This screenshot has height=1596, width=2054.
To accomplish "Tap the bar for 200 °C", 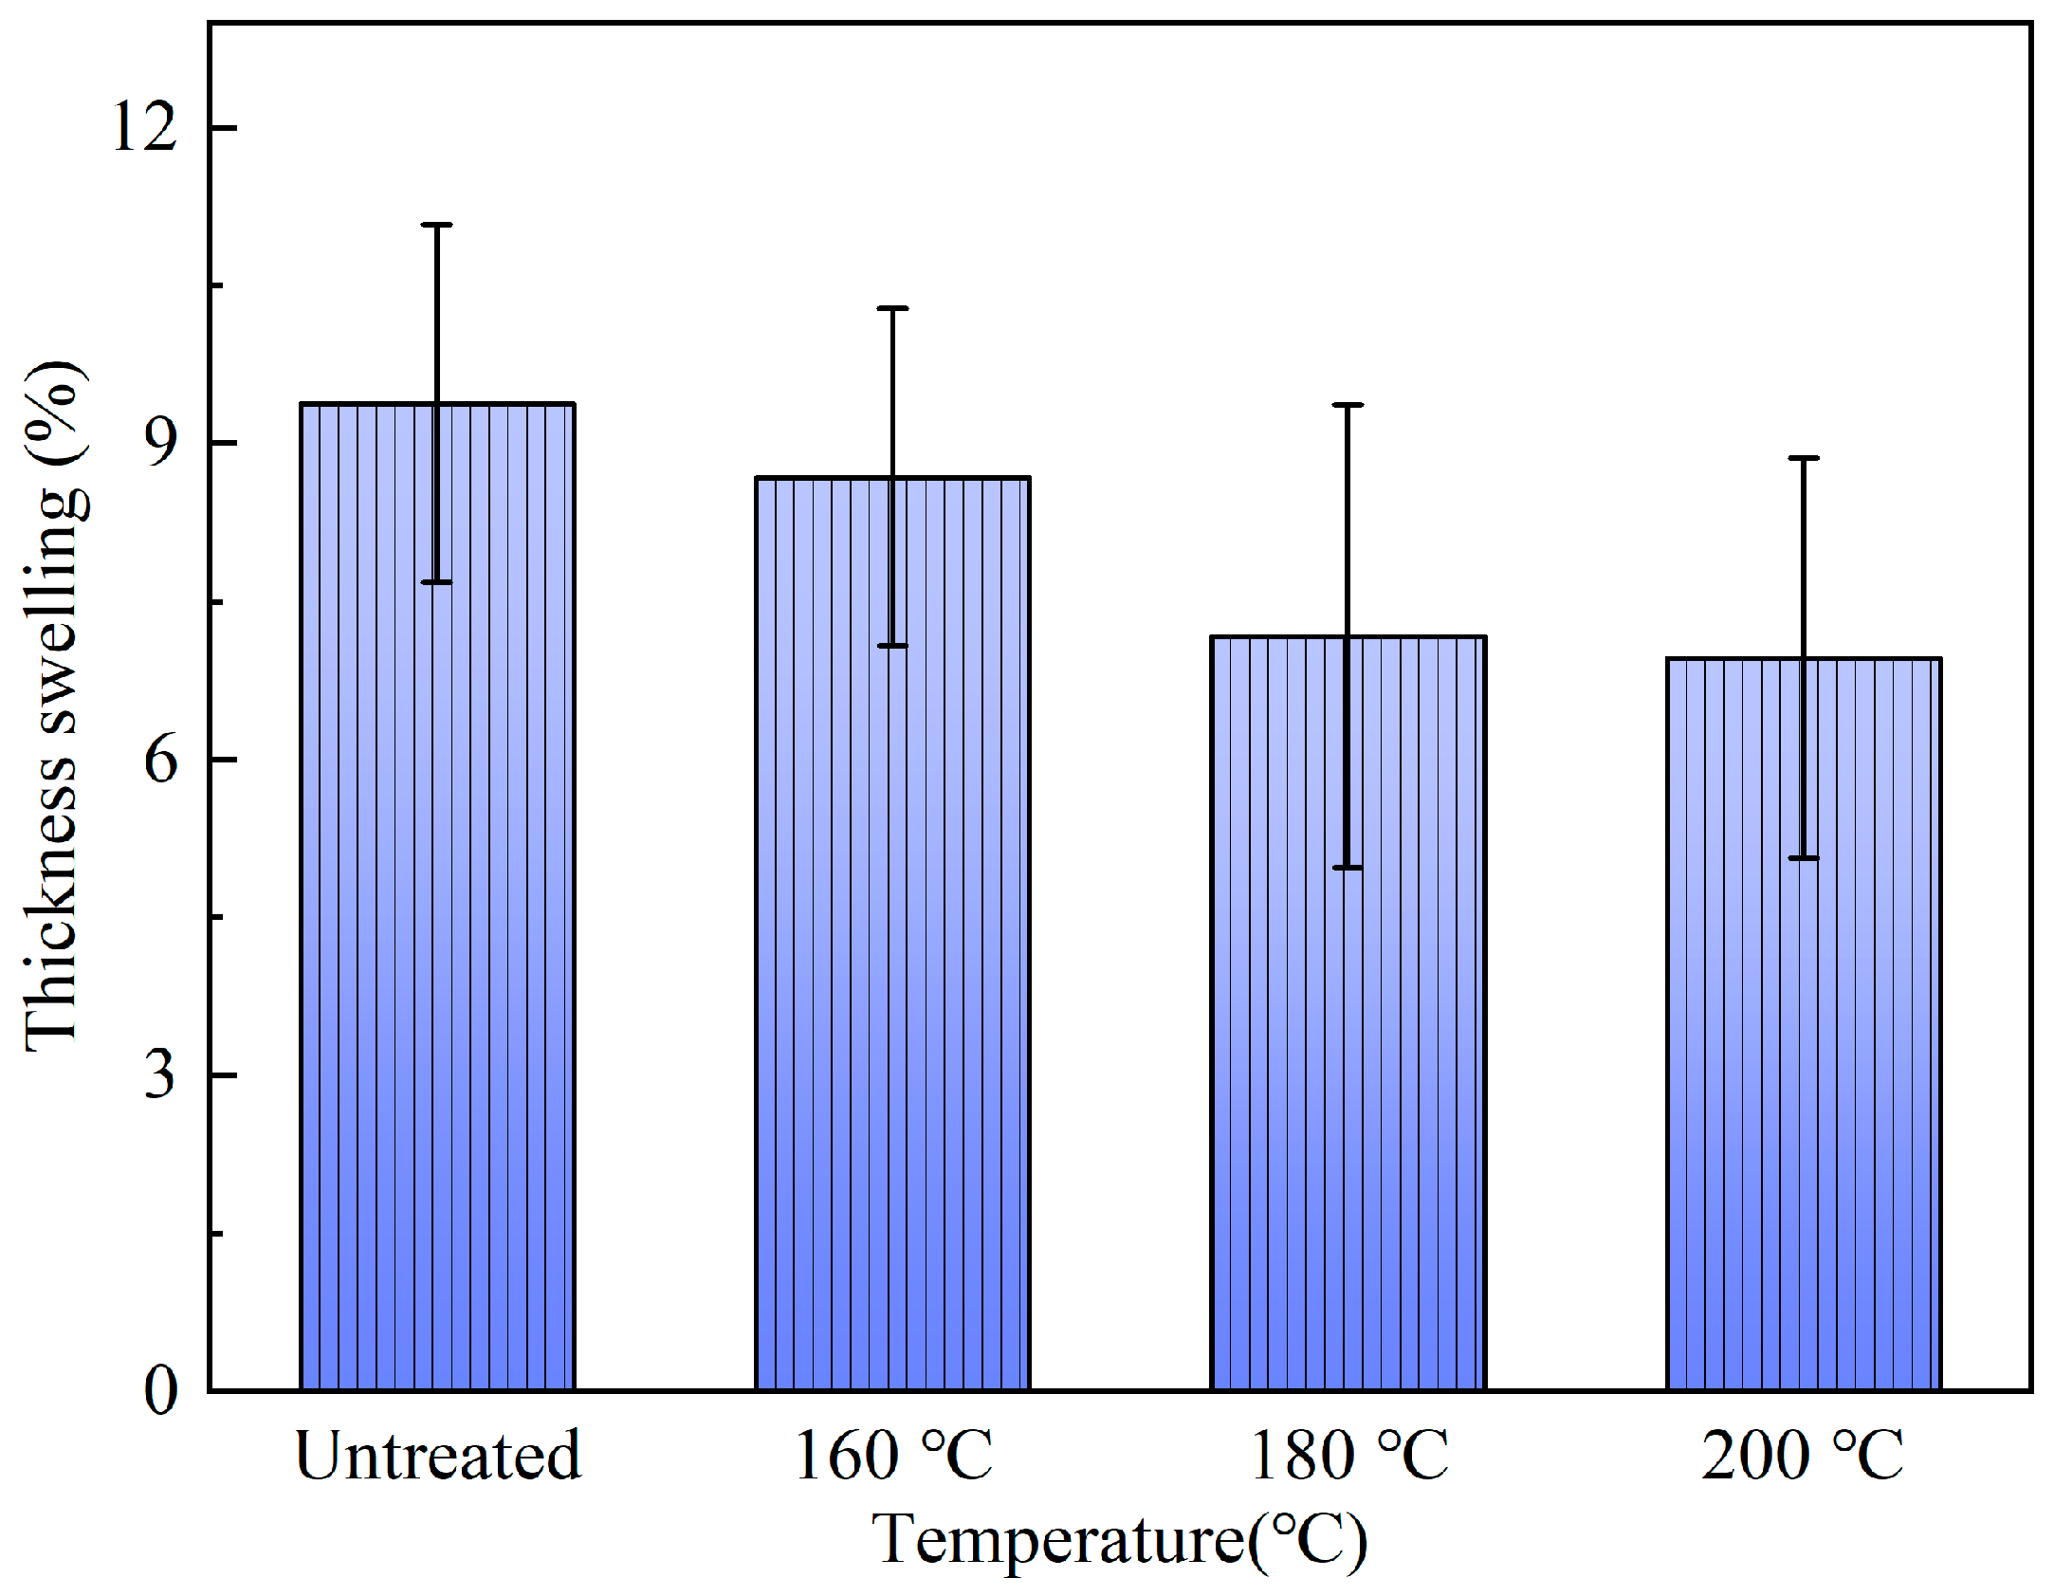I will tap(1804, 1024).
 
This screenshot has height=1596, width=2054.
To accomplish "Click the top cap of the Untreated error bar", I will tap(437, 226).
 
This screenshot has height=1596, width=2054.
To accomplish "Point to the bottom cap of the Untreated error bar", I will tap(437, 582).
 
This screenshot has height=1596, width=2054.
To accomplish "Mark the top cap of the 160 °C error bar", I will tap(892, 308).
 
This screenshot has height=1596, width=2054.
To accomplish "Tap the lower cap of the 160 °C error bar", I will tap(892, 646).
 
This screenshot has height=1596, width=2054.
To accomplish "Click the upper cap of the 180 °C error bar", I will tap(1348, 405).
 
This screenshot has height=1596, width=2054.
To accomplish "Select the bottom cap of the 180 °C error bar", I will tap(1348, 868).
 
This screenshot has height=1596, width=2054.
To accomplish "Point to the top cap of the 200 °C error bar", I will tap(1804, 458).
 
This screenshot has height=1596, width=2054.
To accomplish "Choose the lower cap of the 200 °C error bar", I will tap(1804, 858).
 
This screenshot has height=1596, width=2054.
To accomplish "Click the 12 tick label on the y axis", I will tap(145, 126).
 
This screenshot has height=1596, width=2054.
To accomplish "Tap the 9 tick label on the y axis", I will tap(161, 442).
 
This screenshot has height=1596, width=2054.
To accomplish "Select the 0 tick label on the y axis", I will tap(161, 1391).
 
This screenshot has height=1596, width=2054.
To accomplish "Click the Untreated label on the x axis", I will tap(437, 1457).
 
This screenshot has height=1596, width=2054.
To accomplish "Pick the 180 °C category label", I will tap(1348, 1457).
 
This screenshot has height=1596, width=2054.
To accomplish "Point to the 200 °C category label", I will tap(1802, 1457).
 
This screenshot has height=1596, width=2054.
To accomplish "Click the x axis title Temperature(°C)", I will tap(1119, 1540).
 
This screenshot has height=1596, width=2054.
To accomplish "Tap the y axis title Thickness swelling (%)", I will tap(54, 706).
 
